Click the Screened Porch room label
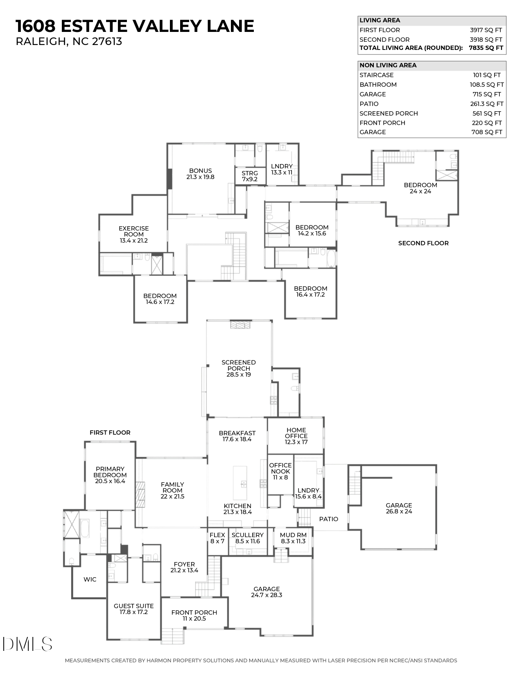239,368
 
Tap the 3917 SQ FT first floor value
486,30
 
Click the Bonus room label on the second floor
200,174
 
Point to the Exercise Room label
133,234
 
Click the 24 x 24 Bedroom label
420,188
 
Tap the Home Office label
296,436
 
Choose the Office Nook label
280,471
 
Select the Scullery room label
247,538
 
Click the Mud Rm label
293,538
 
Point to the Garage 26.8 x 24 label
398,508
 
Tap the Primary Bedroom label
110,475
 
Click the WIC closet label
90,579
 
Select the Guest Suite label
133,609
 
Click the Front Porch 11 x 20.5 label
194,615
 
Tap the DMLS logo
27,644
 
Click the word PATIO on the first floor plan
328,519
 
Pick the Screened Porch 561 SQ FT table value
486,113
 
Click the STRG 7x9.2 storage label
249,176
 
